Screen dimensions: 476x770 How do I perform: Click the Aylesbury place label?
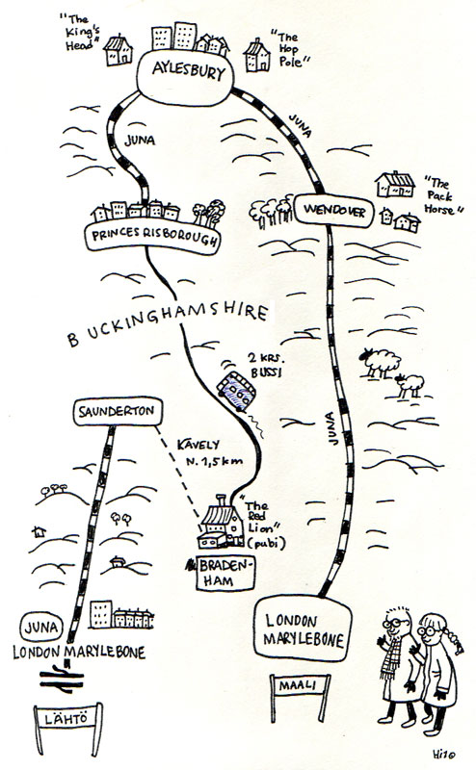185,78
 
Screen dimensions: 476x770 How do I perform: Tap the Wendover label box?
334,211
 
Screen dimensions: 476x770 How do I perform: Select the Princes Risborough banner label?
153,237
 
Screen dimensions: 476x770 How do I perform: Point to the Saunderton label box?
118,411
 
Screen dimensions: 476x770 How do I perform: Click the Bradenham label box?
225,573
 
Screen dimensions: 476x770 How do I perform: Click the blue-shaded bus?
236,391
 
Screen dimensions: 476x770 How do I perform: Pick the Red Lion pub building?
222,523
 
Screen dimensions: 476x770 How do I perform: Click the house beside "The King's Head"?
118,50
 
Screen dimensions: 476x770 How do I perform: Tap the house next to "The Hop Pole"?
256,55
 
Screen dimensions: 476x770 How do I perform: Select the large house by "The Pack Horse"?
395,185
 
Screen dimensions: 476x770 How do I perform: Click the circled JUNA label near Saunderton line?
41,628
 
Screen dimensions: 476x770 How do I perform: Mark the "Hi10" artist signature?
444,754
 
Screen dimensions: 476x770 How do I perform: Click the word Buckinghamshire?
169,322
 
